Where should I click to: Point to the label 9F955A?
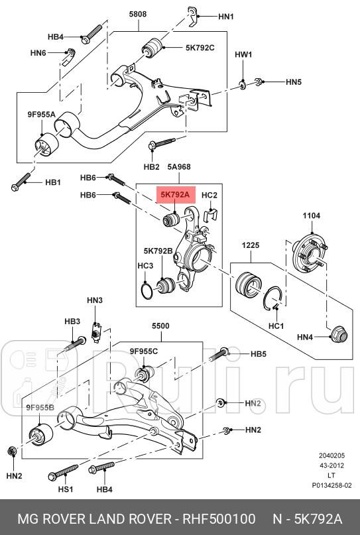tap(40, 115)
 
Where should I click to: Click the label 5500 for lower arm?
tap(160, 327)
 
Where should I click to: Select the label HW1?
tap(243, 55)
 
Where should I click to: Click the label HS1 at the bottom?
tap(64, 490)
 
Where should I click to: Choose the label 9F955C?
tap(143, 351)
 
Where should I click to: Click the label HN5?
tap(294, 82)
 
